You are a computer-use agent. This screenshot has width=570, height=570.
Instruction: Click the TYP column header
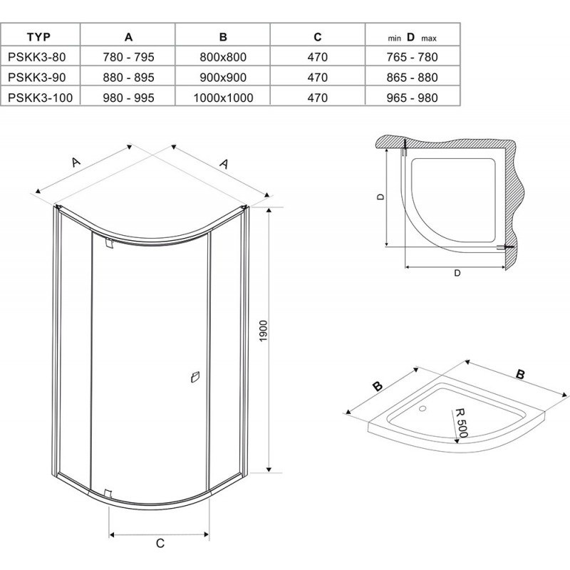pos(38,37)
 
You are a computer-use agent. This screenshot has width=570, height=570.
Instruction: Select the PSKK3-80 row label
pos(37,57)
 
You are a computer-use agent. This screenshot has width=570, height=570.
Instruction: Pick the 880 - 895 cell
pos(128,78)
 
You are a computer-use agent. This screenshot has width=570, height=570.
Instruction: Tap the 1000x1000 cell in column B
pos(223,98)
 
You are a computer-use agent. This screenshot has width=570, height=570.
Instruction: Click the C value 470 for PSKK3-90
pos(317,78)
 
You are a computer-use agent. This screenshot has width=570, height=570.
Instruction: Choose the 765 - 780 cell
pos(413,57)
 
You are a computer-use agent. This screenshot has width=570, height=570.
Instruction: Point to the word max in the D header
pos(429,38)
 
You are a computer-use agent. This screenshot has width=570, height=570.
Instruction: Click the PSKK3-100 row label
pos(40,98)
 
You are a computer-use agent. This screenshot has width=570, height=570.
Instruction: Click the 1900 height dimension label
pos(264,331)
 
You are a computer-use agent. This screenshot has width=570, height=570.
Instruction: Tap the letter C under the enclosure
pos(160,543)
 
